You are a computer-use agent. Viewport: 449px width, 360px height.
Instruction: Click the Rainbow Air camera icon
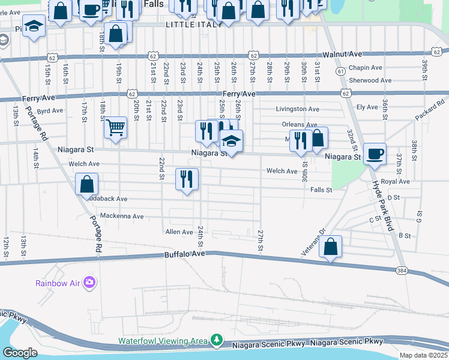[89, 282]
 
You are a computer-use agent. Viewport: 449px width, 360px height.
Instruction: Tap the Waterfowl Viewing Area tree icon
[215, 341]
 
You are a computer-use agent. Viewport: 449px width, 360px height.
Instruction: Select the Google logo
[19, 352]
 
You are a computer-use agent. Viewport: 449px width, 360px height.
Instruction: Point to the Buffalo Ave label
[185, 254]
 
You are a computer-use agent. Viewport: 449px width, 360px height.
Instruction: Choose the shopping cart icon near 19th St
[115, 127]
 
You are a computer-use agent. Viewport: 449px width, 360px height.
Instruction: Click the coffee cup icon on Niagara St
[375, 154]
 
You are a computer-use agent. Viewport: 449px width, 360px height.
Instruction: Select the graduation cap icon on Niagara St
[231, 141]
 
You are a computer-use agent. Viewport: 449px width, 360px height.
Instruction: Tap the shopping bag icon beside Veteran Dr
[330, 246]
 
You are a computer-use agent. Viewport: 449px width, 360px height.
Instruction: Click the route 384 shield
[402, 271]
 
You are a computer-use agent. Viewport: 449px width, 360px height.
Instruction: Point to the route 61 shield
[340, 71]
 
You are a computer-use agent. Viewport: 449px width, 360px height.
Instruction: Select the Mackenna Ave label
[122, 216]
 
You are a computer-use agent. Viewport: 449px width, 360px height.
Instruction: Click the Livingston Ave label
[297, 109]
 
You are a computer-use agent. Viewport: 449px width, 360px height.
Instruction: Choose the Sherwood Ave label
[370, 80]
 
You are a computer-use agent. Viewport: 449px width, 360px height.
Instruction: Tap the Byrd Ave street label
[50, 111]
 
